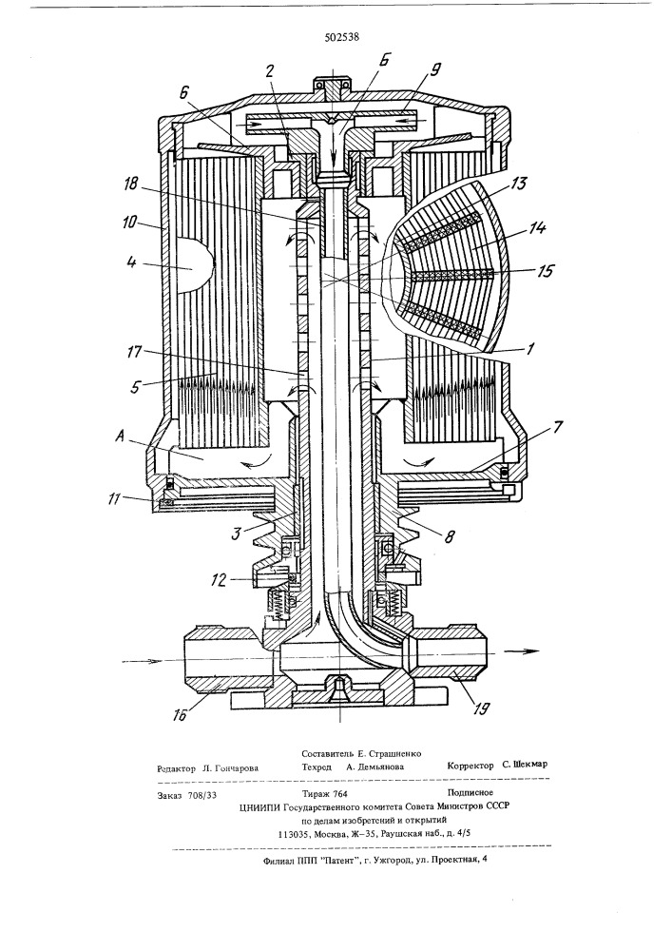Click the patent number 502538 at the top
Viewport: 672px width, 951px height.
342,36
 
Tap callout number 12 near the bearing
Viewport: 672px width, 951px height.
220,580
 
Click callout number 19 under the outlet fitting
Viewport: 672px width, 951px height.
481,708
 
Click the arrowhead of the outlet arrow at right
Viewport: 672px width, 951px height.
530,651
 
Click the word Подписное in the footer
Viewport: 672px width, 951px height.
470,792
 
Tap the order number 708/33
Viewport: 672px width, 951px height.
203,795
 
